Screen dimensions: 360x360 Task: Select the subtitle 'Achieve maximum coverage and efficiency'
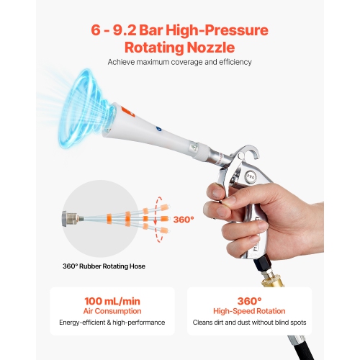coord(179,63)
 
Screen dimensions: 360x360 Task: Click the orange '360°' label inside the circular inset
coord(183,219)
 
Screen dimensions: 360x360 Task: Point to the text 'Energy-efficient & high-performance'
coord(112,322)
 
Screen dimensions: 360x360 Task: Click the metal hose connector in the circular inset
coord(72,218)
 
